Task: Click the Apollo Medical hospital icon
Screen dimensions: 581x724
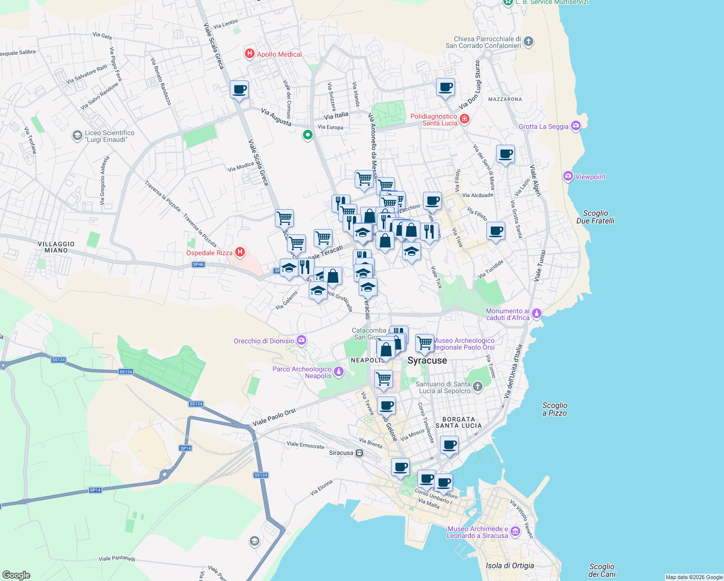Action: point(250,54)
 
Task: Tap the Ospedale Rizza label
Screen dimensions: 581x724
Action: point(209,253)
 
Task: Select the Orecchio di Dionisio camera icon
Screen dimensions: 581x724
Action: point(302,340)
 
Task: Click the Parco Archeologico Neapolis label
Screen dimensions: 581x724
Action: point(302,372)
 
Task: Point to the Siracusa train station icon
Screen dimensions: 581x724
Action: point(359,453)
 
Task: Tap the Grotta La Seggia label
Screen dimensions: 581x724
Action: point(543,126)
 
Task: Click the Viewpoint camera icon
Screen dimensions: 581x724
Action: point(568,177)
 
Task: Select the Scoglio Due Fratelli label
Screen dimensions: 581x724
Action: point(595,217)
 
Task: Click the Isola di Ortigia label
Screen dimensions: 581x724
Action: point(510,566)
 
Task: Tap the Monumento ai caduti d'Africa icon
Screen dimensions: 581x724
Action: point(536,314)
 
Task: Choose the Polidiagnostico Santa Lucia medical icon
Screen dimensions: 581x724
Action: point(465,119)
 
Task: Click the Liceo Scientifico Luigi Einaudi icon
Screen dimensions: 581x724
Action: point(77,136)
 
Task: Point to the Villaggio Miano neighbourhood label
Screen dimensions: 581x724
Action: point(56,247)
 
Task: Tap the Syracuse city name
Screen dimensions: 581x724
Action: point(427,361)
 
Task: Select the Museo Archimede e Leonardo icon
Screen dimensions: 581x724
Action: point(515,532)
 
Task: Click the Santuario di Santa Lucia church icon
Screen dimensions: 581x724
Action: point(478,386)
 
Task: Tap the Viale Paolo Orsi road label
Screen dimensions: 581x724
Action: point(274,417)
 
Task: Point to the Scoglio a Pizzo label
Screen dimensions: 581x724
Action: point(555,409)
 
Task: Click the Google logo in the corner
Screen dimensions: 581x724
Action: point(16,575)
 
